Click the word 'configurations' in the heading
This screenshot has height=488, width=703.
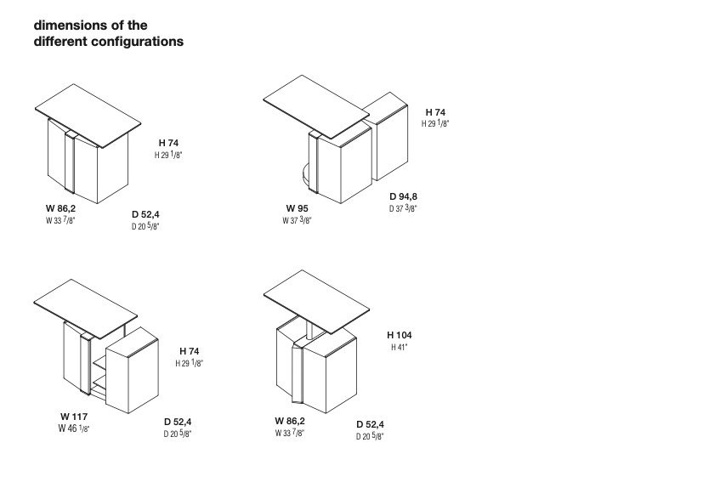click(x=137, y=42)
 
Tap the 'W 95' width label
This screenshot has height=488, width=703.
click(x=298, y=208)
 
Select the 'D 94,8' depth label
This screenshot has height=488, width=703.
click(x=404, y=196)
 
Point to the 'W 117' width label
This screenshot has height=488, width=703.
click(x=74, y=417)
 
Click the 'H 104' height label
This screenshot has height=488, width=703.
click(x=399, y=335)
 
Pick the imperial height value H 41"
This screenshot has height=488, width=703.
click(x=400, y=347)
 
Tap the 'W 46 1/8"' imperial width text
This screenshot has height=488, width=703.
click(x=74, y=428)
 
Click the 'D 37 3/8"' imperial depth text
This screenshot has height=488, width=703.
click(x=403, y=208)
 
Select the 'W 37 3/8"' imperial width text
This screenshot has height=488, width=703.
click(x=297, y=220)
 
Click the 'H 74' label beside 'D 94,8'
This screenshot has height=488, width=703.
click(x=435, y=112)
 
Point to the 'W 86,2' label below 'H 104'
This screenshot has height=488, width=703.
click(x=290, y=421)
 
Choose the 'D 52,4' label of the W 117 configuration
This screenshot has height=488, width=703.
click(x=178, y=422)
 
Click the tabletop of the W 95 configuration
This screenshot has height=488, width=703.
click(x=316, y=107)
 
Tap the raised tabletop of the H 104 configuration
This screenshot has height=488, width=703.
click(x=316, y=302)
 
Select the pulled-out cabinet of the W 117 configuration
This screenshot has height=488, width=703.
click(x=133, y=370)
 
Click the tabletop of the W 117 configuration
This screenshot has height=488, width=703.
click(x=86, y=309)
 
